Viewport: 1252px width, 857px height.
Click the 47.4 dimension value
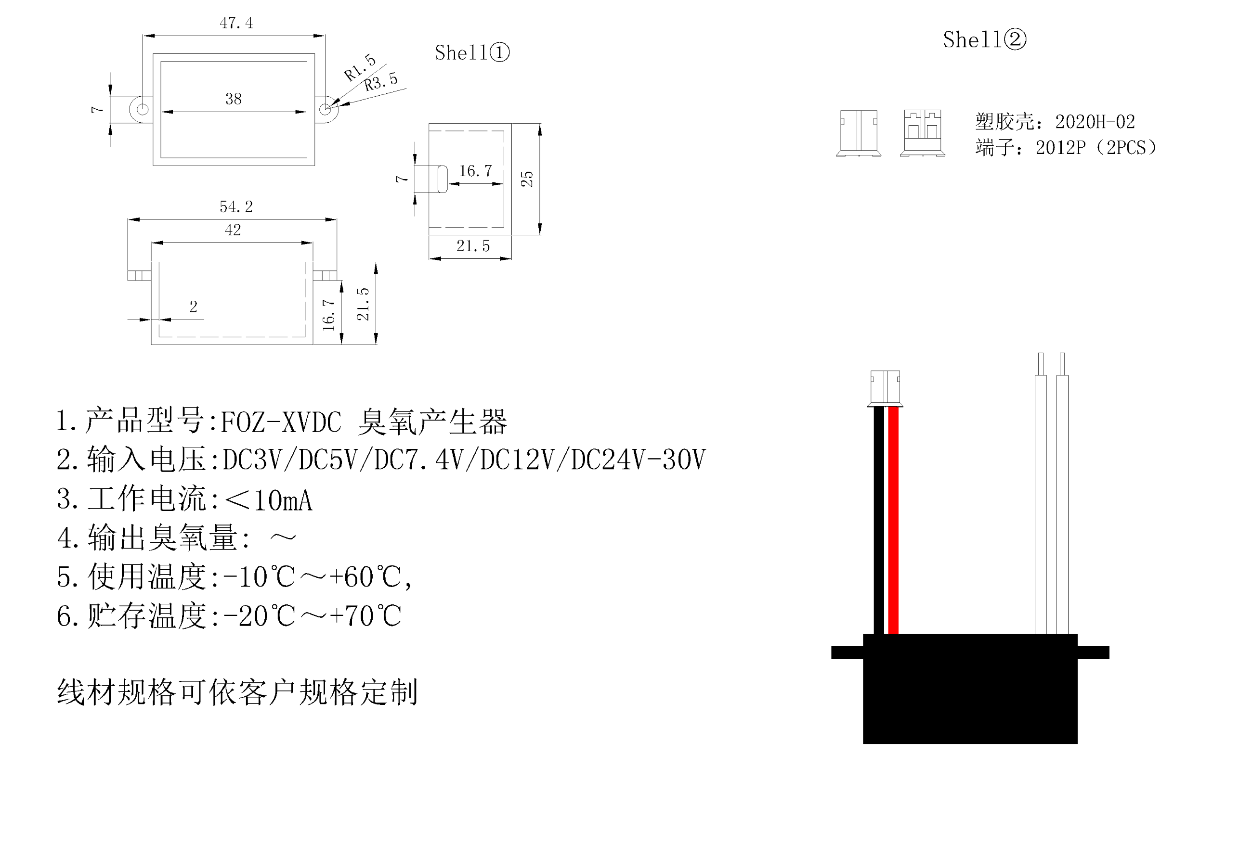236,23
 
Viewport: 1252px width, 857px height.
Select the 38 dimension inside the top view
233,99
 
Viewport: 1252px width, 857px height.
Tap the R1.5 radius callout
359,67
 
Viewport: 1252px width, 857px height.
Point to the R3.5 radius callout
380,82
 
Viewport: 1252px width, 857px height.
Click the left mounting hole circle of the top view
142,109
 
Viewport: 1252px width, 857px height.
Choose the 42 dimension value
233,230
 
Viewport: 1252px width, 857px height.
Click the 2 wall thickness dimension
194,307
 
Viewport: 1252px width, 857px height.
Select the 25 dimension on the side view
527,179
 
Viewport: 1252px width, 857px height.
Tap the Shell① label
472,53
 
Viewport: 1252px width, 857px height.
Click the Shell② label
984,40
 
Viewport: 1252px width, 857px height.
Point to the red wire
893,520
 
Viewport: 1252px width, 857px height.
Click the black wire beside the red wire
879,520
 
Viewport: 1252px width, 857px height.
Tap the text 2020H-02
1095,122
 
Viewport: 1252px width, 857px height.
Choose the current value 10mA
282,500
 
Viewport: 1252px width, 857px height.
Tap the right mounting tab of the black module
1093,652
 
